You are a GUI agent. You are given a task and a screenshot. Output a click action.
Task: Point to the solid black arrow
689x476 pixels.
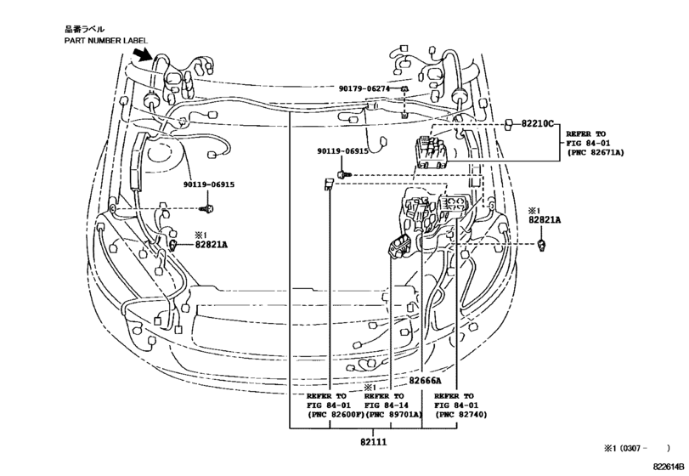pos(144,58)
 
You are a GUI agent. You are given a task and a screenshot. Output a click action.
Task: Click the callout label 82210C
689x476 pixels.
pos(536,124)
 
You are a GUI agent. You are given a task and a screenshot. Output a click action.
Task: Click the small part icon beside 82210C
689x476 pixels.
pos(508,124)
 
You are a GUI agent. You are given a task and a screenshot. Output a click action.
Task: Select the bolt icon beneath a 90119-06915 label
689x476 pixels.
pos(206,208)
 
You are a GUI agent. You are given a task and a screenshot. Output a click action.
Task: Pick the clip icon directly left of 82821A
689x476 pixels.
pos(173,245)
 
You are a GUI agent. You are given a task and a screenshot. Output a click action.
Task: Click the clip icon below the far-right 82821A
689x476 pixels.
pos(541,245)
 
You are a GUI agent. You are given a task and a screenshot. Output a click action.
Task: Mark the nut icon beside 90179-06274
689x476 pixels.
pos(405,89)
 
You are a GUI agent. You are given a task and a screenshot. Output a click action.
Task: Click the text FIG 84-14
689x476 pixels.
pos(387,406)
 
